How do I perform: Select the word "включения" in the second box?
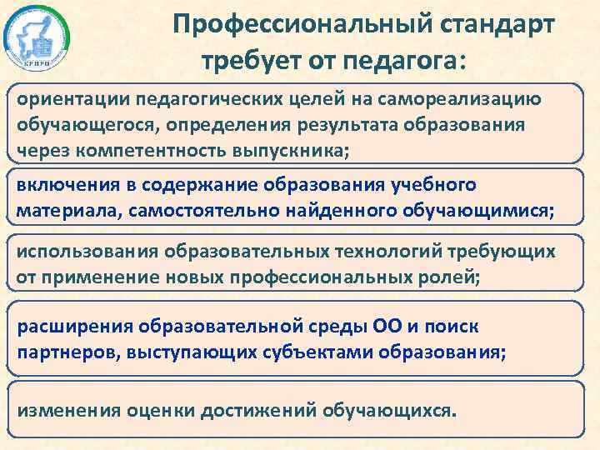tap(59, 183)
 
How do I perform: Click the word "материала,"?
tap(67, 209)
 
